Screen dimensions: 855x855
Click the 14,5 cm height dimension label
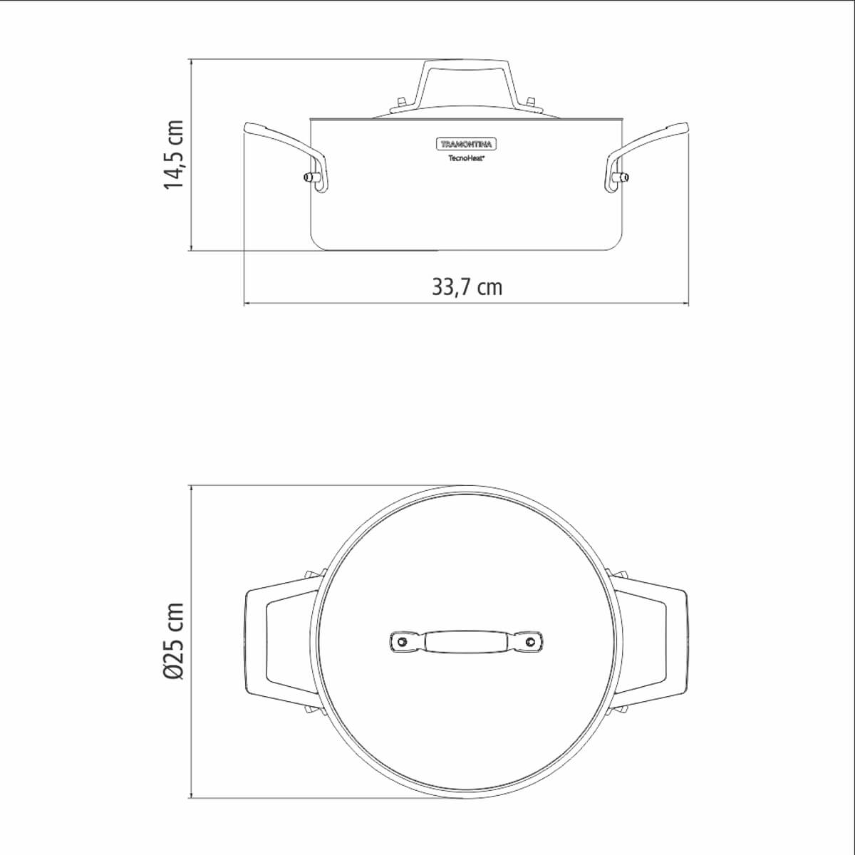pos(173,155)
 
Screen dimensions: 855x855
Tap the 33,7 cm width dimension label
pos(467,287)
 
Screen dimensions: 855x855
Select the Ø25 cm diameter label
pos(173,641)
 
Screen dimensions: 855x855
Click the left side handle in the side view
pos(286,155)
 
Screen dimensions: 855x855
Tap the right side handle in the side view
pos(647,155)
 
